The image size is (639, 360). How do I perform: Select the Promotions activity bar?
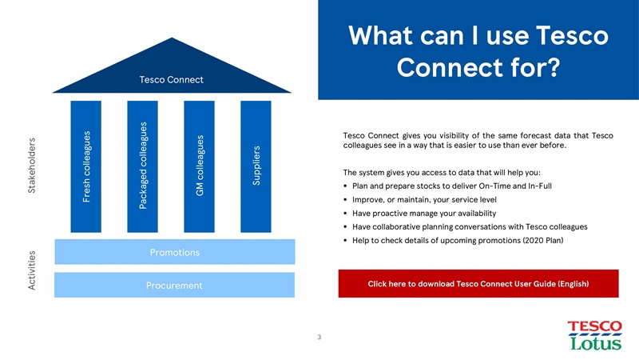pyautogui.click(x=174, y=253)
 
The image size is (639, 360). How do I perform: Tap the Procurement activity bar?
pyautogui.click(x=174, y=286)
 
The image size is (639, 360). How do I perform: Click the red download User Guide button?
pyautogui.click(x=478, y=284)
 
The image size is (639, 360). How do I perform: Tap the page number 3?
pyautogui.click(x=319, y=337)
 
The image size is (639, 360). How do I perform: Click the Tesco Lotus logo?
pyautogui.click(x=593, y=335)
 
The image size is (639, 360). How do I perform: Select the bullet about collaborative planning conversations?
pyautogui.click(x=463, y=226)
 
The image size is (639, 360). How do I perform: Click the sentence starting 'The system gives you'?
pyautogui.click(x=442, y=172)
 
